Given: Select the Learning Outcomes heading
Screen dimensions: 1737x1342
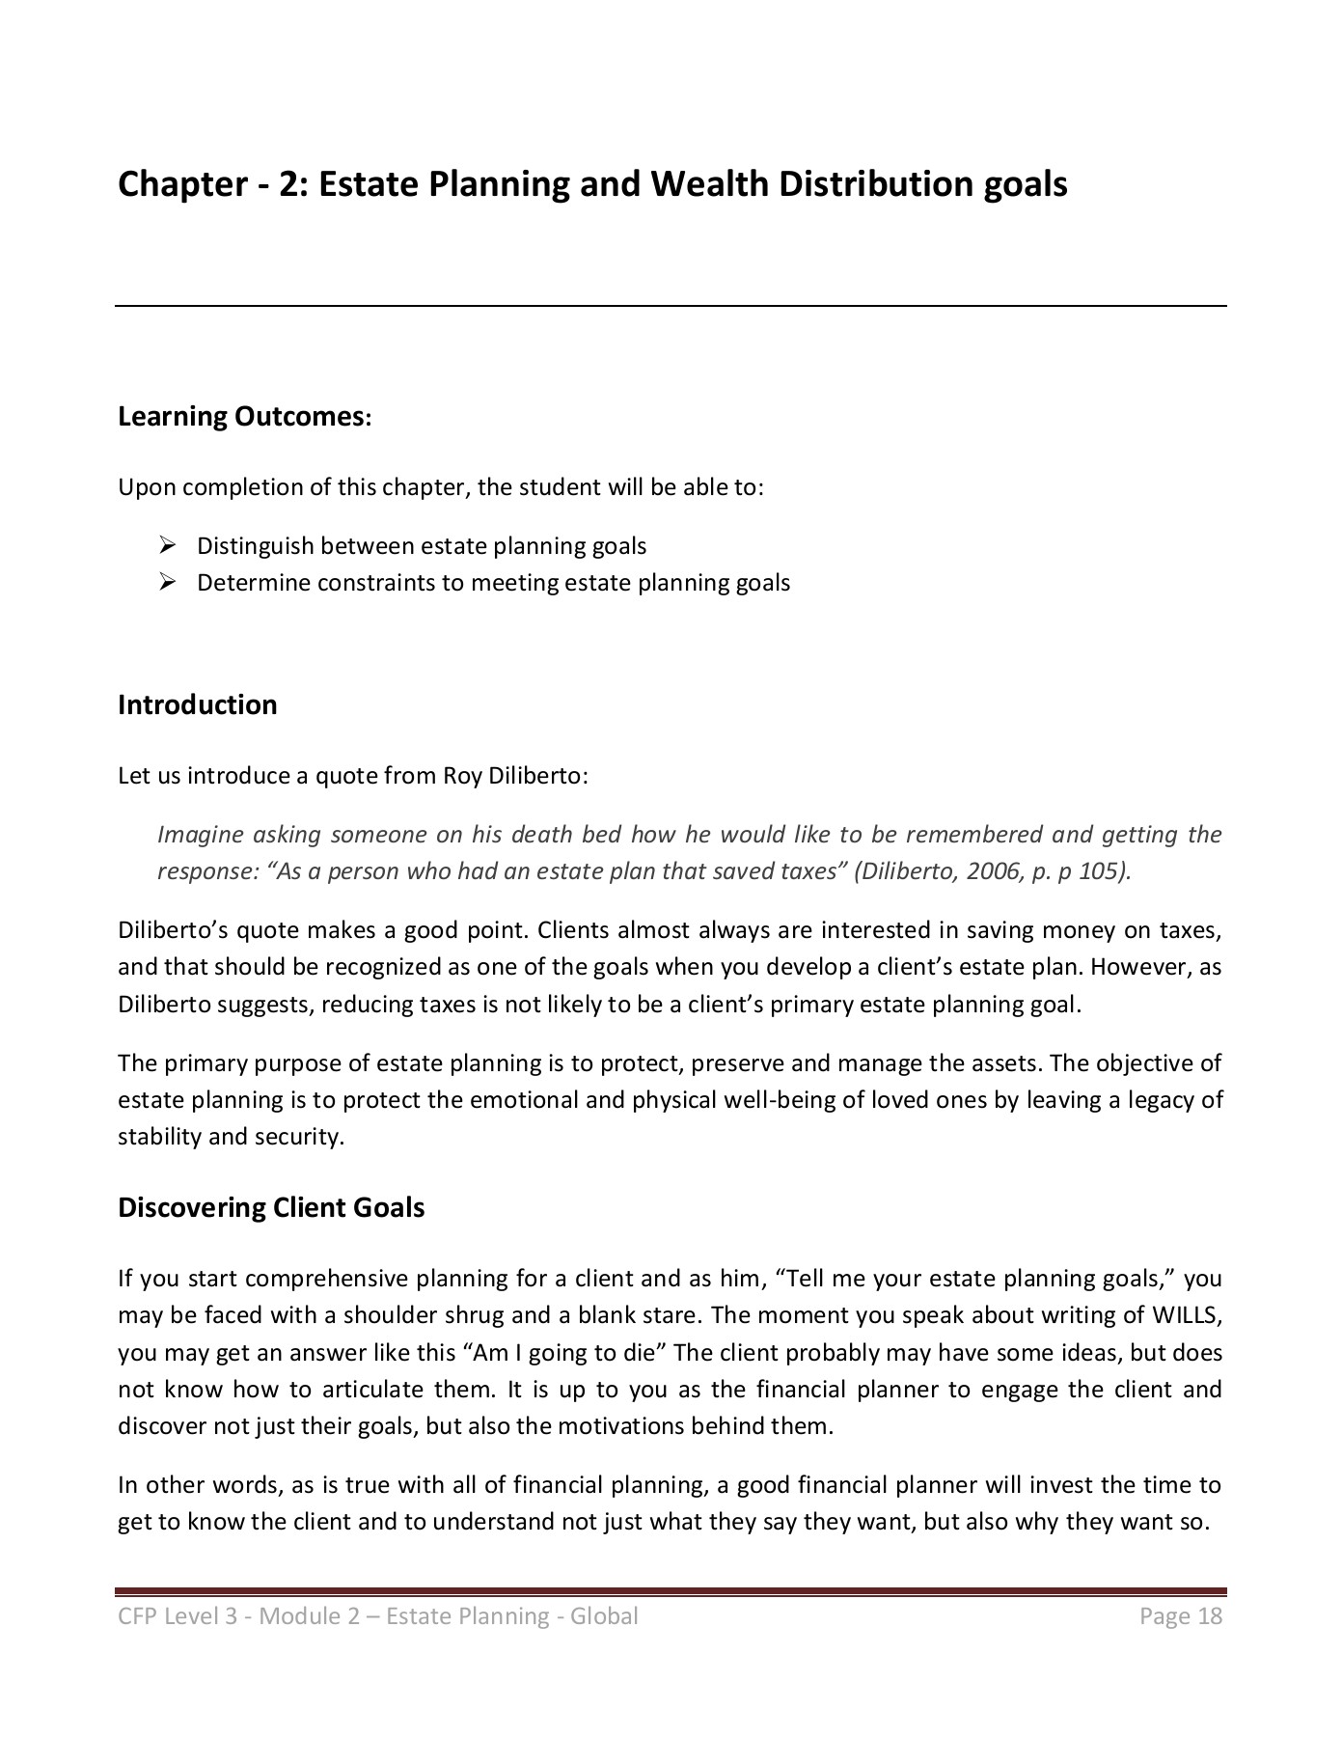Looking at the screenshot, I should tap(244, 417).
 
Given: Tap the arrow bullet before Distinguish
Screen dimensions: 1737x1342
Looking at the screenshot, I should tap(167, 546).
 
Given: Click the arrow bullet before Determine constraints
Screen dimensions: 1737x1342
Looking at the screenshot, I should tap(167, 583).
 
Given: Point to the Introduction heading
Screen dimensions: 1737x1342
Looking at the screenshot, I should tap(197, 704).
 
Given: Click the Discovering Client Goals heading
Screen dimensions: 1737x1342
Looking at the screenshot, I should tap(271, 1208).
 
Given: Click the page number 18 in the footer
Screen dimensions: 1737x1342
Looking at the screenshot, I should tap(1211, 1616).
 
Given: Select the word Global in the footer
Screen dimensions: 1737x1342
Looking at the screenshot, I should tap(604, 1616).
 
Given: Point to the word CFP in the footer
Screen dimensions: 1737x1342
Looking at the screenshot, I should tap(138, 1616).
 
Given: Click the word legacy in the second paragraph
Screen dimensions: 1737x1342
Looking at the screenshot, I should tap(1158, 1100).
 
